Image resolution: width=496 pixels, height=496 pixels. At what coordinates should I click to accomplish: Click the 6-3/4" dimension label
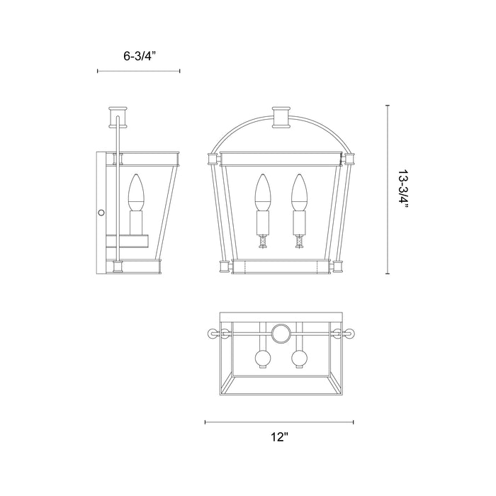pyautogui.click(x=138, y=55)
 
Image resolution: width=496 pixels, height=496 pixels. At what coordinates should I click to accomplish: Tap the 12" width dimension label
pyautogui.click(x=280, y=437)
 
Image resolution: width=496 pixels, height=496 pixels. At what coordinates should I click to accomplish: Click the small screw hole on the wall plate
pyautogui.click(x=101, y=212)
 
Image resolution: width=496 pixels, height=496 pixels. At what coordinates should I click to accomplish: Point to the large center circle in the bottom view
pyautogui.click(x=281, y=333)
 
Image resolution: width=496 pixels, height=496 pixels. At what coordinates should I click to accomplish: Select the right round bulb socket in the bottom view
pyautogui.click(x=298, y=357)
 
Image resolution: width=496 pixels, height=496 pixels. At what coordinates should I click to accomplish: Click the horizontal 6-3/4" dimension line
pyautogui.click(x=138, y=71)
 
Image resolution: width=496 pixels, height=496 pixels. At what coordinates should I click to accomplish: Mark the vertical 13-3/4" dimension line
pyautogui.click(x=388, y=190)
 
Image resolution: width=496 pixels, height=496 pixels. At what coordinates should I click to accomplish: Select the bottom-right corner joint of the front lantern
pyautogui.click(x=337, y=267)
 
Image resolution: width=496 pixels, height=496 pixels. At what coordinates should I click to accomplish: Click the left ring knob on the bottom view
pyautogui.click(x=210, y=333)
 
